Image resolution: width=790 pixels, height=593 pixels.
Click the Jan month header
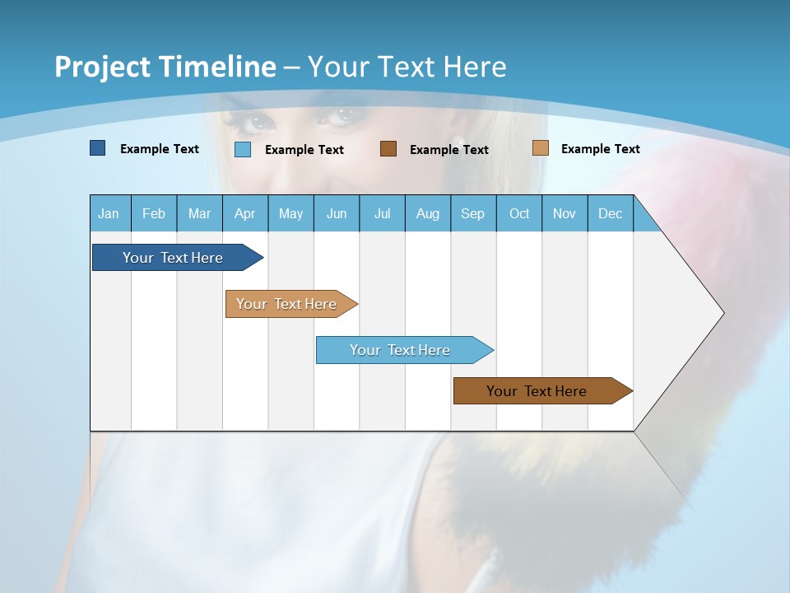tap(109, 213)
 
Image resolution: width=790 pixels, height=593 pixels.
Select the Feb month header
tap(154, 213)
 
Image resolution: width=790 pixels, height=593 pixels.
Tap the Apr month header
tap(245, 213)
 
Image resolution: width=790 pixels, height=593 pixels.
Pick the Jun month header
tap(337, 213)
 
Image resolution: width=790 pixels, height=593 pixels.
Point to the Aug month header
tap(428, 213)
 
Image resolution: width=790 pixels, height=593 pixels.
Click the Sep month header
tap(473, 213)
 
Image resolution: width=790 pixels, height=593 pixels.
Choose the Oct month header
tap(519, 213)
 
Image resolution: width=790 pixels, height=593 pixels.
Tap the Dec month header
tap(611, 213)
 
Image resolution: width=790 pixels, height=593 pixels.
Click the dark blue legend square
tap(98, 148)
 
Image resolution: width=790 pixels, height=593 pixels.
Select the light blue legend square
tap(243, 149)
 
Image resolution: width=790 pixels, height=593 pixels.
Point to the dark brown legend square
tap(388, 148)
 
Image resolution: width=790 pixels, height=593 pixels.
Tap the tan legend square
tap(540, 148)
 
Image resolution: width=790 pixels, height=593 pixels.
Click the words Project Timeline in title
tap(165, 67)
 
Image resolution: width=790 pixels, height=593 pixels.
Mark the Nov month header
tap(565, 213)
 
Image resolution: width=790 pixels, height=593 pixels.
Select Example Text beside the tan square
tap(600, 149)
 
